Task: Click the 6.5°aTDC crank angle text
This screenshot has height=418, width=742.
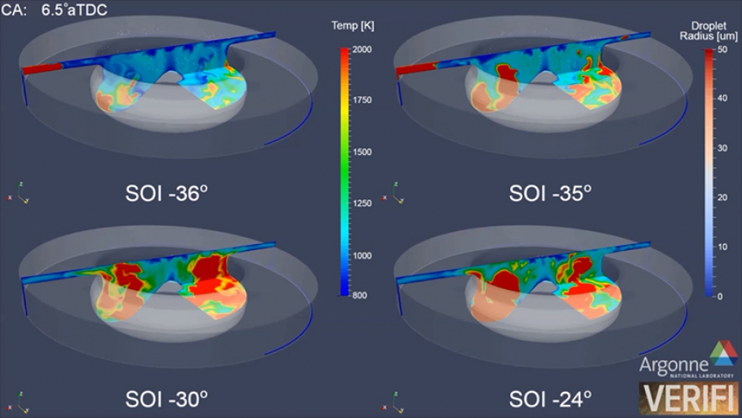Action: (74, 11)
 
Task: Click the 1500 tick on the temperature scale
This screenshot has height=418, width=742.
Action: (362, 152)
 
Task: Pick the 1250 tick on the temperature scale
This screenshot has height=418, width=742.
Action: (362, 204)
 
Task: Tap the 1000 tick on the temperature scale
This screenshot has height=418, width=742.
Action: (362, 255)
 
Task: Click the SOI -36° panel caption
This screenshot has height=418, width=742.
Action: (166, 192)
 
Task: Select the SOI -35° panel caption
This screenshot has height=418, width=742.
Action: (550, 192)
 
